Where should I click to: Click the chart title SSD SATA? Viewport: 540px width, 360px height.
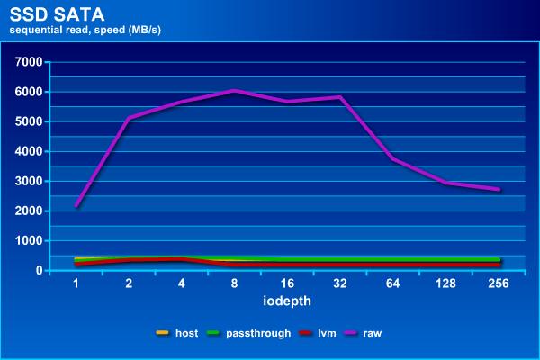point(49,14)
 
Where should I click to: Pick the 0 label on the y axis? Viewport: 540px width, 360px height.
point(40,271)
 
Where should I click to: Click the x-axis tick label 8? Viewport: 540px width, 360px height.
point(235,283)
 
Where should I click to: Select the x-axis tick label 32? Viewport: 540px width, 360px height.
point(340,283)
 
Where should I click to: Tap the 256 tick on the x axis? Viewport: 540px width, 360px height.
point(498,283)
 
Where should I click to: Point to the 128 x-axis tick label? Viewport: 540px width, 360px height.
point(445,283)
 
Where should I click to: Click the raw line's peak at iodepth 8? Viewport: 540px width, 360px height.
point(235,91)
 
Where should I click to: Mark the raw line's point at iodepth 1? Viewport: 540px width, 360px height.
point(77,206)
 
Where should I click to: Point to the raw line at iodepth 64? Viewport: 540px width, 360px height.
point(392,158)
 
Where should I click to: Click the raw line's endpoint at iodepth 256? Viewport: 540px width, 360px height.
point(498,189)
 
